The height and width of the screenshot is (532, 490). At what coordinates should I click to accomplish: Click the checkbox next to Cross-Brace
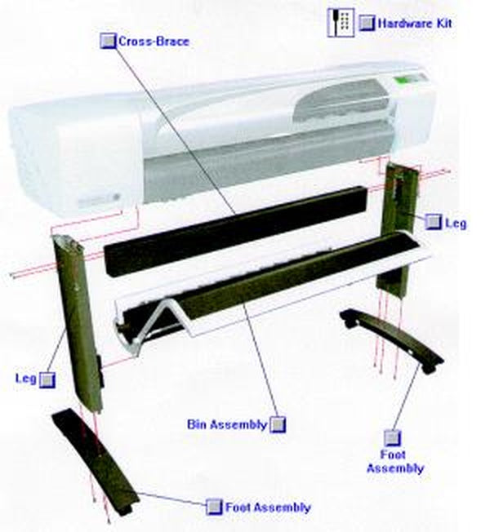109,41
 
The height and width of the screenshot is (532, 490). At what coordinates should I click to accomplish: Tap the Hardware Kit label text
415,24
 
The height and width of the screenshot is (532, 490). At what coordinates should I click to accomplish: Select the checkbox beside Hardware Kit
367,23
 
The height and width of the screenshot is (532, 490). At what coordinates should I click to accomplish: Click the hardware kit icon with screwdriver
341,22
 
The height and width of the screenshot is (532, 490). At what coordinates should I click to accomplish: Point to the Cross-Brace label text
154,42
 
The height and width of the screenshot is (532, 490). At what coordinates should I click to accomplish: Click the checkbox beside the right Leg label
433,222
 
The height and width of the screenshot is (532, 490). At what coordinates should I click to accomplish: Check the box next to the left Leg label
47,380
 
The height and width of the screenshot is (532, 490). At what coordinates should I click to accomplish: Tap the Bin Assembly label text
227,424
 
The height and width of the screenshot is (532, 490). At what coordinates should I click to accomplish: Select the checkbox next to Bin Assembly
278,424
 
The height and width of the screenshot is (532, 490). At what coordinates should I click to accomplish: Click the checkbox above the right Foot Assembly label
393,438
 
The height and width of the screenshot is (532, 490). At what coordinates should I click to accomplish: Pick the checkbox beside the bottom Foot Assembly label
214,507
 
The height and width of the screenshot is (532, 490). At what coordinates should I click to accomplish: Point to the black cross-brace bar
236,230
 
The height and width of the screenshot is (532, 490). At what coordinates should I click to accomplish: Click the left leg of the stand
78,322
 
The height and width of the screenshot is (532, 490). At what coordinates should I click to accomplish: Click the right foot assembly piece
392,340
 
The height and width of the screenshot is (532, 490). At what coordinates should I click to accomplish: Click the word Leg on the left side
26,379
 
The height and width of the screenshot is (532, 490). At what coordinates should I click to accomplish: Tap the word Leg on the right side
456,224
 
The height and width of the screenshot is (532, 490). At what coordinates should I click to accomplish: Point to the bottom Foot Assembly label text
268,508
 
